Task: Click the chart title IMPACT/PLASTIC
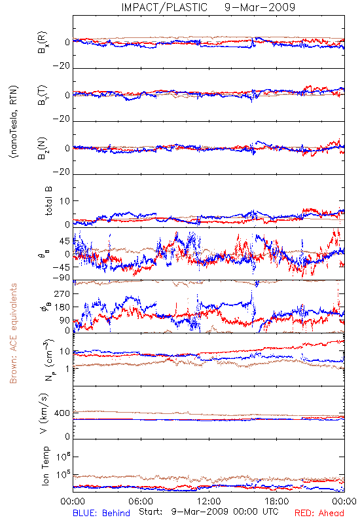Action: [164, 7]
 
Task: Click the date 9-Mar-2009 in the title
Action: [260, 7]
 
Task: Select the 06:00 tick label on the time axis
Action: [141, 501]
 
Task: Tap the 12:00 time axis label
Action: [209, 501]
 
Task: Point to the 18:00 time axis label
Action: [277, 501]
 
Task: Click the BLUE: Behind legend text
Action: [101, 513]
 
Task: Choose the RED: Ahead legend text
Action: [319, 513]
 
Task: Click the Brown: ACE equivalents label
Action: [13, 333]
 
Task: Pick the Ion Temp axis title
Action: [45, 466]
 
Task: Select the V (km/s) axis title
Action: [44, 413]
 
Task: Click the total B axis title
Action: [48, 201]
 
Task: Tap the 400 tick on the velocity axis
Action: [62, 413]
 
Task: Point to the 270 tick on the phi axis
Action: [62, 293]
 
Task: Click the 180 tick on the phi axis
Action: [62, 307]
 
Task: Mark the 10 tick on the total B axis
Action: [65, 201]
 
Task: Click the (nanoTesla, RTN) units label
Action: [14, 122]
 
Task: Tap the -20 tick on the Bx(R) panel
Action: [62, 66]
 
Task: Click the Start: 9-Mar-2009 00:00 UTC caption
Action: [209, 512]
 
